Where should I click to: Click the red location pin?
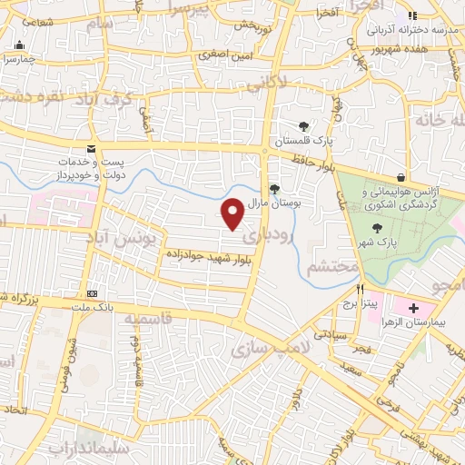tap(232, 213)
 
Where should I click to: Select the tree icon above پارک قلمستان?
tap(304, 127)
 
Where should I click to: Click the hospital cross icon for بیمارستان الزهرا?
tap(414, 309)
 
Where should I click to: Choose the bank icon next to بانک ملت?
tap(92, 294)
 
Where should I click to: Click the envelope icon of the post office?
tap(90, 148)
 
